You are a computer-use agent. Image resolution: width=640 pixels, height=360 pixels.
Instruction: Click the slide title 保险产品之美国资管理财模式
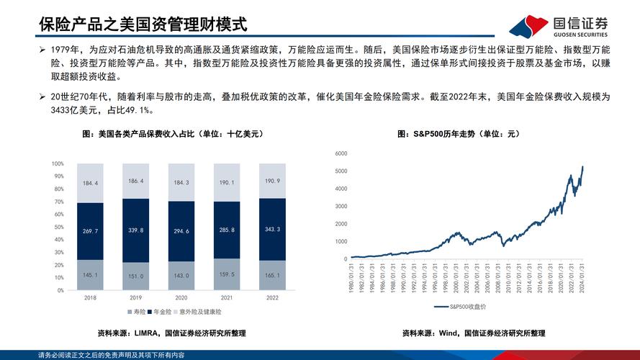[143, 25]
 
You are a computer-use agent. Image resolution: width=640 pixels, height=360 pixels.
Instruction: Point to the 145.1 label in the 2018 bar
[90, 275]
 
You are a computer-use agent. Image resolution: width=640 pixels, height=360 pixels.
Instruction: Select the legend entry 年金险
[166, 311]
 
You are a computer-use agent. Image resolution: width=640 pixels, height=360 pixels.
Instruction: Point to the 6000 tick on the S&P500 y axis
[341, 153]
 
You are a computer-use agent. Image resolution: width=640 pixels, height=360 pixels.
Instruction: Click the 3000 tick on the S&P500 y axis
[341, 206]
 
